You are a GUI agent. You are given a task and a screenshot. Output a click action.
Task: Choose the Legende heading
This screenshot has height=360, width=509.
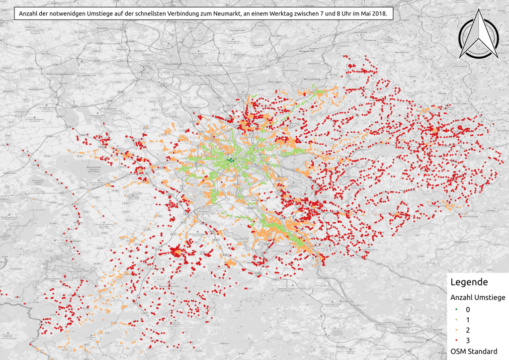[468, 282]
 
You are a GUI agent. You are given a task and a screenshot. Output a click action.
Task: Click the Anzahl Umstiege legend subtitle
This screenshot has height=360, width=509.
[478, 297]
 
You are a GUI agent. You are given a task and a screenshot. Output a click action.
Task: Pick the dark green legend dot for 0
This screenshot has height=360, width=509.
[456, 309]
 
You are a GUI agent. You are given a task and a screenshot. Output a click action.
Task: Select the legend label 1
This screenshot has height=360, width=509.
[468, 320]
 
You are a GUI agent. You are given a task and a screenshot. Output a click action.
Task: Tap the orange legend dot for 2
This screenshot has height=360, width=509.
[456, 330]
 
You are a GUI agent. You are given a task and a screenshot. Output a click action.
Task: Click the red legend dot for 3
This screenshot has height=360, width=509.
[456, 341]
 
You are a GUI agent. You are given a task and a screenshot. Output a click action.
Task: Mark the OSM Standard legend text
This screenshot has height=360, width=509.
[473, 351]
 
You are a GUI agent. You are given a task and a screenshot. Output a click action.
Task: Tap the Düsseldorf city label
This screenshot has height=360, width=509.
[174, 65]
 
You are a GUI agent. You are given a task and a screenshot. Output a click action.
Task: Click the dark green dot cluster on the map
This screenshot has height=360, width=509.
[229, 160]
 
